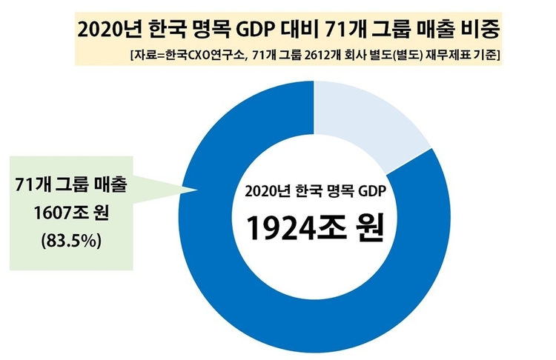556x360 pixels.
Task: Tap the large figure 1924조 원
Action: coord(314,229)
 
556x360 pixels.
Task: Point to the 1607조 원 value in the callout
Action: coord(71,213)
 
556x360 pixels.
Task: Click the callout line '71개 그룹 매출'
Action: coord(71,185)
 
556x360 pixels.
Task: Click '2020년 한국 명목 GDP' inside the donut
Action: coord(315,191)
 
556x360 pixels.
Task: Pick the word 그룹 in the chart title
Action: coord(385,30)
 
